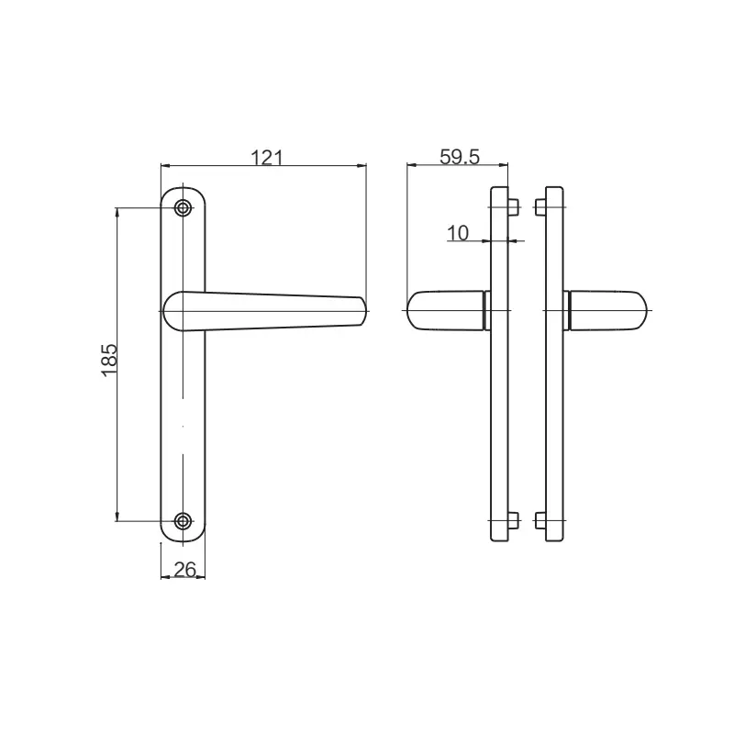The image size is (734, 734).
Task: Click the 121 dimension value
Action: tap(264, 157)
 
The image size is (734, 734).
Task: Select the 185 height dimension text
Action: tap(108, 362)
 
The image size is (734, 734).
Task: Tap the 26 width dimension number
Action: tap(184, 570)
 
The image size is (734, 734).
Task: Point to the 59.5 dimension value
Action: tap(460, 157)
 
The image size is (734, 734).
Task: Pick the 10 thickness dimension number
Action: tap(458, 233)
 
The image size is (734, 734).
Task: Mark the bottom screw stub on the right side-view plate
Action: tap(538, 521)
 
